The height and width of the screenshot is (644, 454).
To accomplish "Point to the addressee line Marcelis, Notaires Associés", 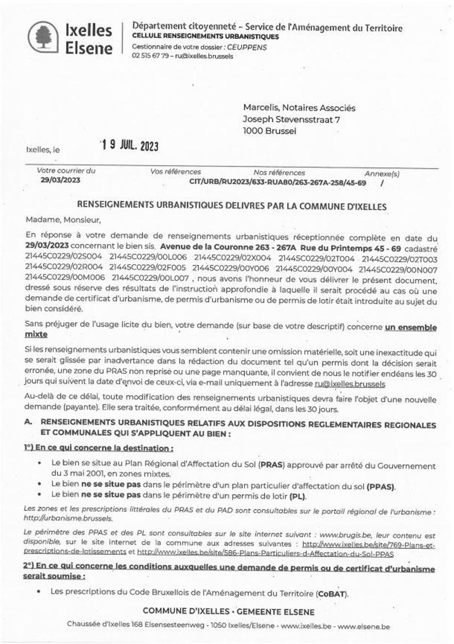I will point(299,108).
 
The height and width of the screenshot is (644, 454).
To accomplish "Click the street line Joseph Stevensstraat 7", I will point(291,119).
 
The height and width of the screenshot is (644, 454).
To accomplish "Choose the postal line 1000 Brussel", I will point(269,131).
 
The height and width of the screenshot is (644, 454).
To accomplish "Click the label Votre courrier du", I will point(66,170).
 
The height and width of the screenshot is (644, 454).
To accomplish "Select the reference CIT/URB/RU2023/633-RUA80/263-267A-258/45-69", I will point(278,182).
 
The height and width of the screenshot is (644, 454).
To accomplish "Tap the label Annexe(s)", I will point(382,173).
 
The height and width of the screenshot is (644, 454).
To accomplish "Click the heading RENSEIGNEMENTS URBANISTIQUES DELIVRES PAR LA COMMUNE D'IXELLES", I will point(232,206).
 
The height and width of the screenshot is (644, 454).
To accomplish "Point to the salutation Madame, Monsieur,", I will point(63,220).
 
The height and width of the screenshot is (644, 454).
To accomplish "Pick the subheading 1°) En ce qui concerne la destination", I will point(98,448).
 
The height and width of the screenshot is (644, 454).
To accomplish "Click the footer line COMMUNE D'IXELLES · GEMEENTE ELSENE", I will point(229,612).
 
